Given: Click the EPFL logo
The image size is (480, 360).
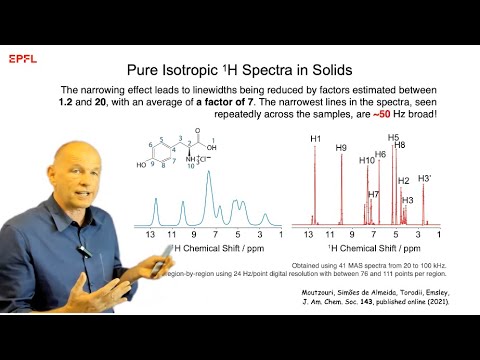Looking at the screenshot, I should (22, 59).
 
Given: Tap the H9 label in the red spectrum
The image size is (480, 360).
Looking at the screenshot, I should (341, 148).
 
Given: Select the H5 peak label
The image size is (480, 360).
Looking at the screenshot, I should (393, 137).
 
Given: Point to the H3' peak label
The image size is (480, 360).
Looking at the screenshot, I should (425, 178).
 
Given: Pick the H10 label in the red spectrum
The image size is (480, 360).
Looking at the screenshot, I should (366, 160).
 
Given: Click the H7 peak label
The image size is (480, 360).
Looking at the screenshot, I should (374, 194).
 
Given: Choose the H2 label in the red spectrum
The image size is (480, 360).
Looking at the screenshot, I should (404, 181).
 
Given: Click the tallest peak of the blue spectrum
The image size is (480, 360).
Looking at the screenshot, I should (208, 173).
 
